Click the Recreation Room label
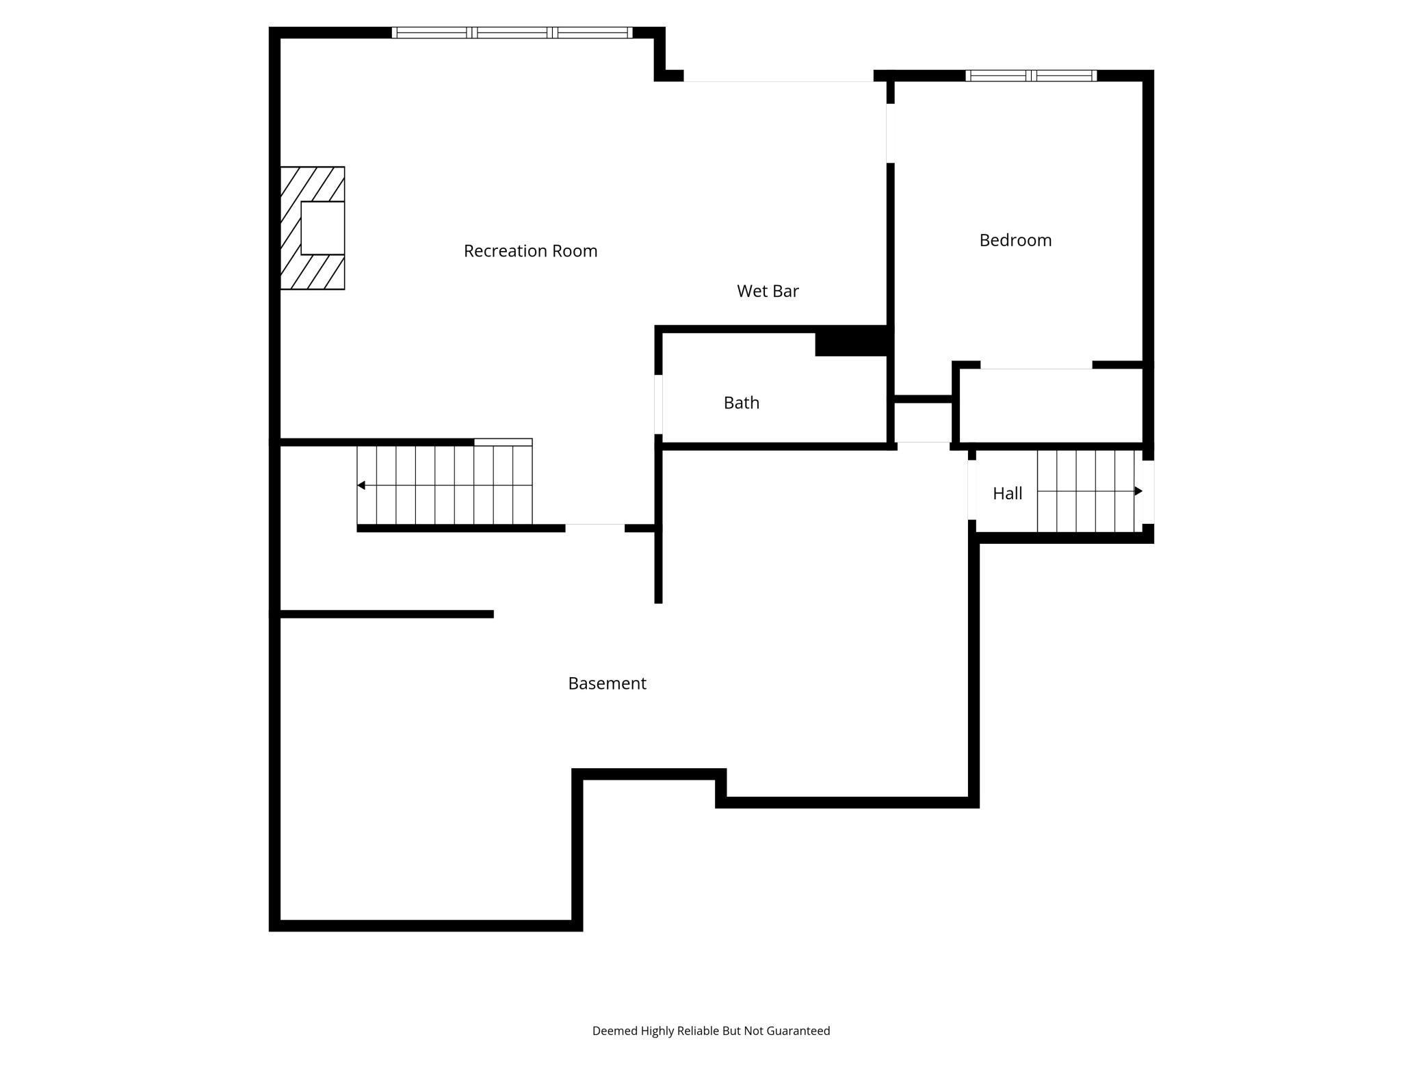tap(530, 251)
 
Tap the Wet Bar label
tap(768, 291)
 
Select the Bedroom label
tap(1015, 240)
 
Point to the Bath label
tap(742, 403)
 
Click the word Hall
tap(1007, 493)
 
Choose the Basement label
tap(607, 683)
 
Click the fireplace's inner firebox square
tap(322, 228)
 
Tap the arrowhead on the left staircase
tap(361, 486)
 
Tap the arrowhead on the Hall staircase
tap(1138, 491)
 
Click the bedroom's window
tap(1031, 75)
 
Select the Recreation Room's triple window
tap(512, 32)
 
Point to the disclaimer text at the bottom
tap(711, 1031)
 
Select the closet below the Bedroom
tap(1051, 406)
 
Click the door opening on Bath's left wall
tap(658, 404)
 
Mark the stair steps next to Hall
tap(1088, 491)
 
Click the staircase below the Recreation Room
tap(445, 486)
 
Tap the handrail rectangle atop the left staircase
tap(503, 443)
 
